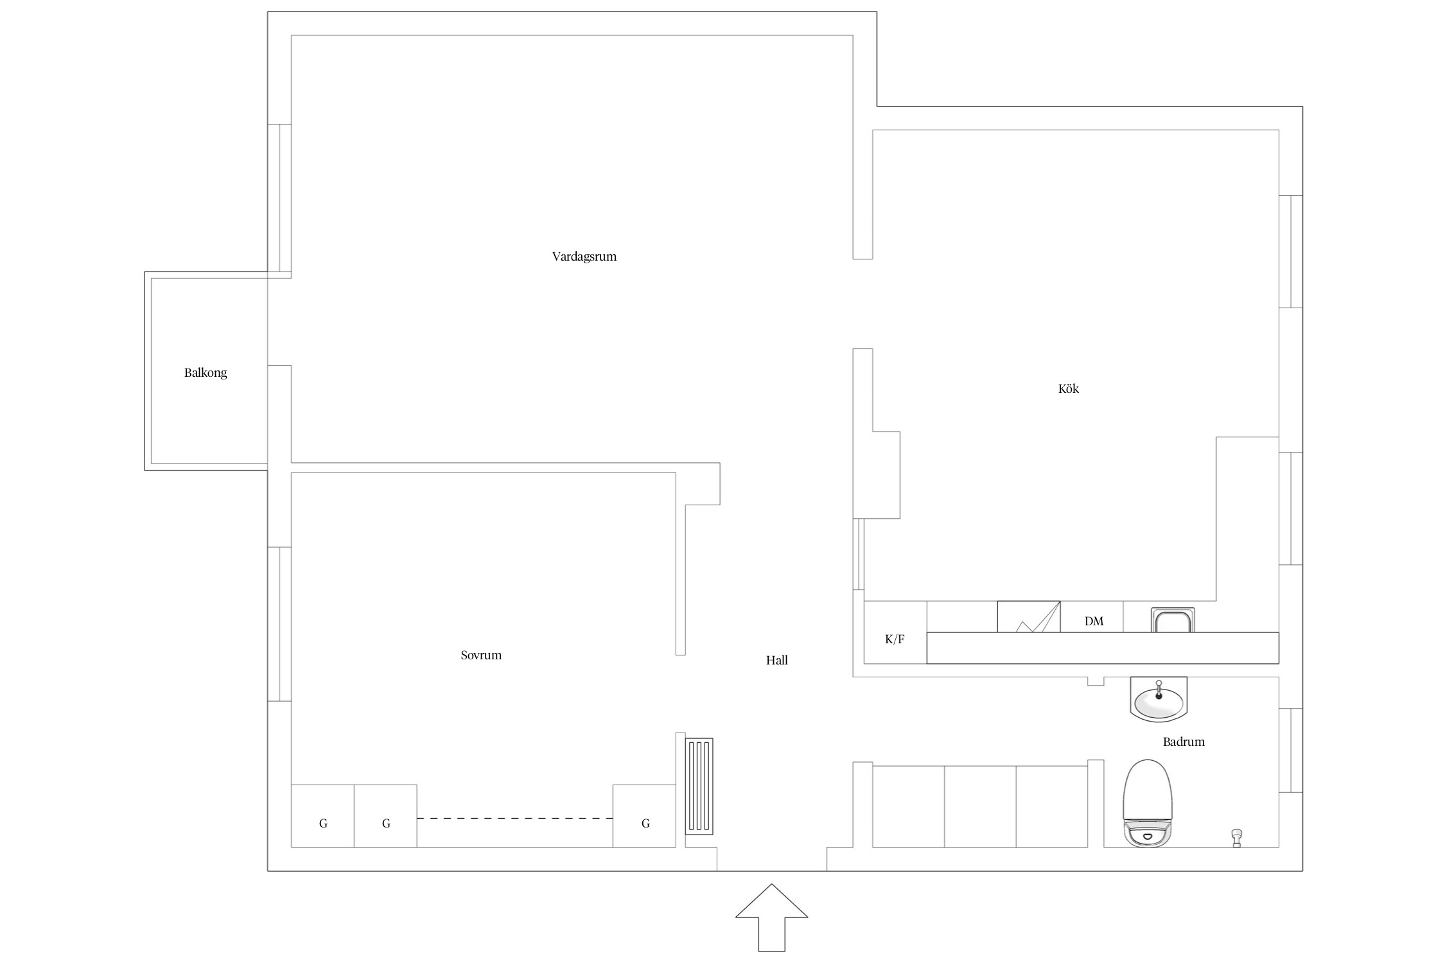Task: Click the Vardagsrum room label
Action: (584, 257)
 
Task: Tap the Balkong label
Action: (206, 373)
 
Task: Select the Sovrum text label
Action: (481, 655)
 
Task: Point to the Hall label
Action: (776, 661)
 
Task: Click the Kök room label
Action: (1069, 388)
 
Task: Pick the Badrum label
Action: (1184, 742)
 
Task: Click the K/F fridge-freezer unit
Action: (895, 632)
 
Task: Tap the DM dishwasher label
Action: (1094, 621)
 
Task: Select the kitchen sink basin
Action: (1173, 620)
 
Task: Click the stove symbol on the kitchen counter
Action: (1029, 616)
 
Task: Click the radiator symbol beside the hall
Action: (699, 786)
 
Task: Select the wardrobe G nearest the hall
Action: (644, 816)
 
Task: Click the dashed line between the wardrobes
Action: (514, 819)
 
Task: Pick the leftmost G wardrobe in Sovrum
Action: (323, 816)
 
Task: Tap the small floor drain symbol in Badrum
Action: (1236, 838)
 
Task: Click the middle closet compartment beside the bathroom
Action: (980, 806)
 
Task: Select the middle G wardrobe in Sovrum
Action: (385, 816)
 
